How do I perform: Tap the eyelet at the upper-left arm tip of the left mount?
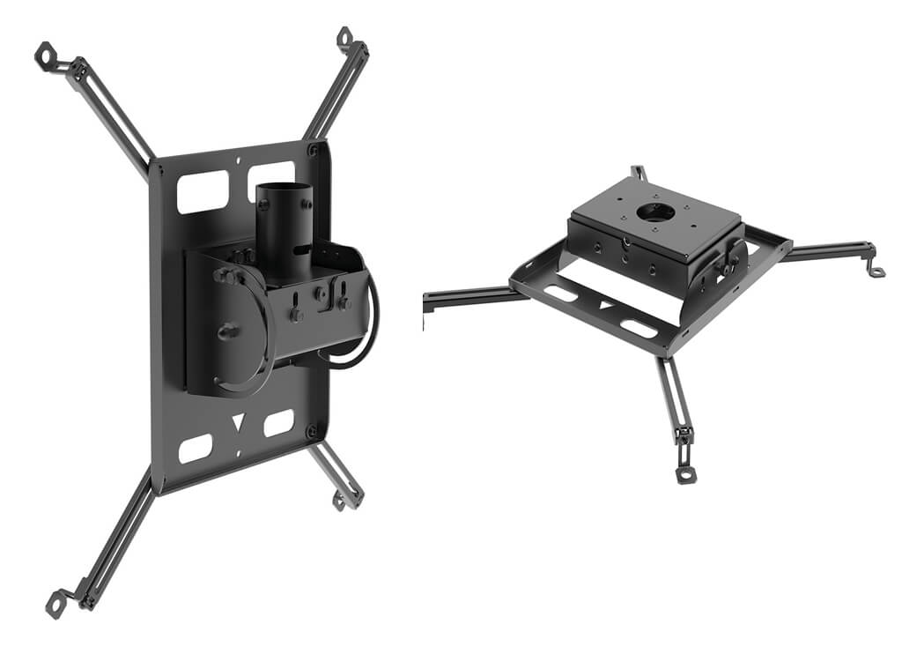(x=42, y=55)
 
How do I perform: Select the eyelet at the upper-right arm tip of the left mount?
(x=344, y=37)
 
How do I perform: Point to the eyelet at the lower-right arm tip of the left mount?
(x=339, y=501)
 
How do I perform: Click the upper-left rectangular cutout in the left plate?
(x=203, y=191)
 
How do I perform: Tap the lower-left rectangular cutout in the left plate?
(x=195, y=448)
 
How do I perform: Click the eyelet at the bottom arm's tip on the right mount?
(x=684, y=474)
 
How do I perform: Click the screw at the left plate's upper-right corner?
(x=313, y=151)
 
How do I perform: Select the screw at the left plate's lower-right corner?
(x=311, y=431)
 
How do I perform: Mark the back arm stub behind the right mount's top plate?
(x=639, y=173)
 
